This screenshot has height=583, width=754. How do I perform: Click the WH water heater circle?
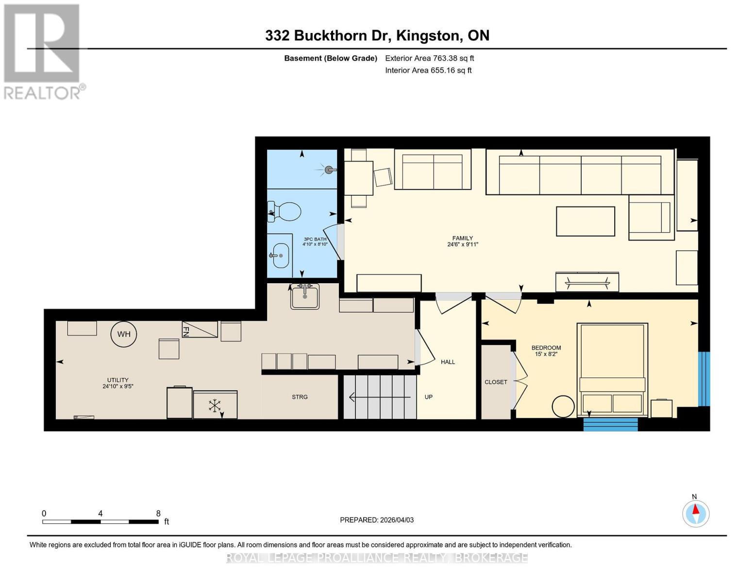[x=124, y=334]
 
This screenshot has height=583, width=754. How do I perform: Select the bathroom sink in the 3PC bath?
[x=280, y=256]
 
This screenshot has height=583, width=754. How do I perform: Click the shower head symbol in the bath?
[x=330, y=170]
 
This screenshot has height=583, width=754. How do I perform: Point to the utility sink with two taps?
[x=305, y=296]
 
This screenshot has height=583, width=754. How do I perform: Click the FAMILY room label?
[x=462, y=238]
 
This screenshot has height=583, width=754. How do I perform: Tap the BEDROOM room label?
[x=546, y=347]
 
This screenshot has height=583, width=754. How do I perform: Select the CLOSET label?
[x=496, y=382]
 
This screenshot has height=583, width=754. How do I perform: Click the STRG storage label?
[x=300, y=397]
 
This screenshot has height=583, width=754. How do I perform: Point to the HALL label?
[x=448, y=362]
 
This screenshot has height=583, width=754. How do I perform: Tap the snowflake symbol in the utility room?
[x=215, y=406]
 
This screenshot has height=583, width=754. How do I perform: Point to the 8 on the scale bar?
[x=158, y=514]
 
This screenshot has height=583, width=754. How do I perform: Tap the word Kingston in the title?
[x=428, y=35]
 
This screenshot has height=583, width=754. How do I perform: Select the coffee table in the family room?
[x=586, y=221]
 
